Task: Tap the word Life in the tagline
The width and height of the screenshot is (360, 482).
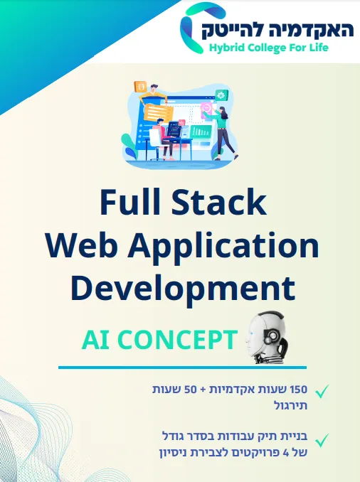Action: click(x=319, y=48)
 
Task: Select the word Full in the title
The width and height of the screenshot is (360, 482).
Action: click(x=130, y=202)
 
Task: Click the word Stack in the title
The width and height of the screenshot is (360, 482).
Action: click(x=218, y=202)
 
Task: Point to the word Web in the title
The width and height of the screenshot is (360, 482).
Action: click(x=82, y=245)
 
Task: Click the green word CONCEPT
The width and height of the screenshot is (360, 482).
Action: click(x=177, y=340)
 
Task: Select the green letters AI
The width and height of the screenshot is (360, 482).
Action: click(x=95, y=340)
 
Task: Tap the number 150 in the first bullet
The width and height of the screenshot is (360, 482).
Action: click(x=299, y=389)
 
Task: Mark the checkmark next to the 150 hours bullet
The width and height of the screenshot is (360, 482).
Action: click(x=322, y=391)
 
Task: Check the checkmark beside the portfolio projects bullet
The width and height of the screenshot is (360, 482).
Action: click(x=322, y=440)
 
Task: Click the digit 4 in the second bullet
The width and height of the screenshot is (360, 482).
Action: click(x=285, y=452)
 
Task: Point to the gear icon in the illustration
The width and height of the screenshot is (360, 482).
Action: click(x=221, y=95)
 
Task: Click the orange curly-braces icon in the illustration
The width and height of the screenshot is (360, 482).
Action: click(x=142, y=87)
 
